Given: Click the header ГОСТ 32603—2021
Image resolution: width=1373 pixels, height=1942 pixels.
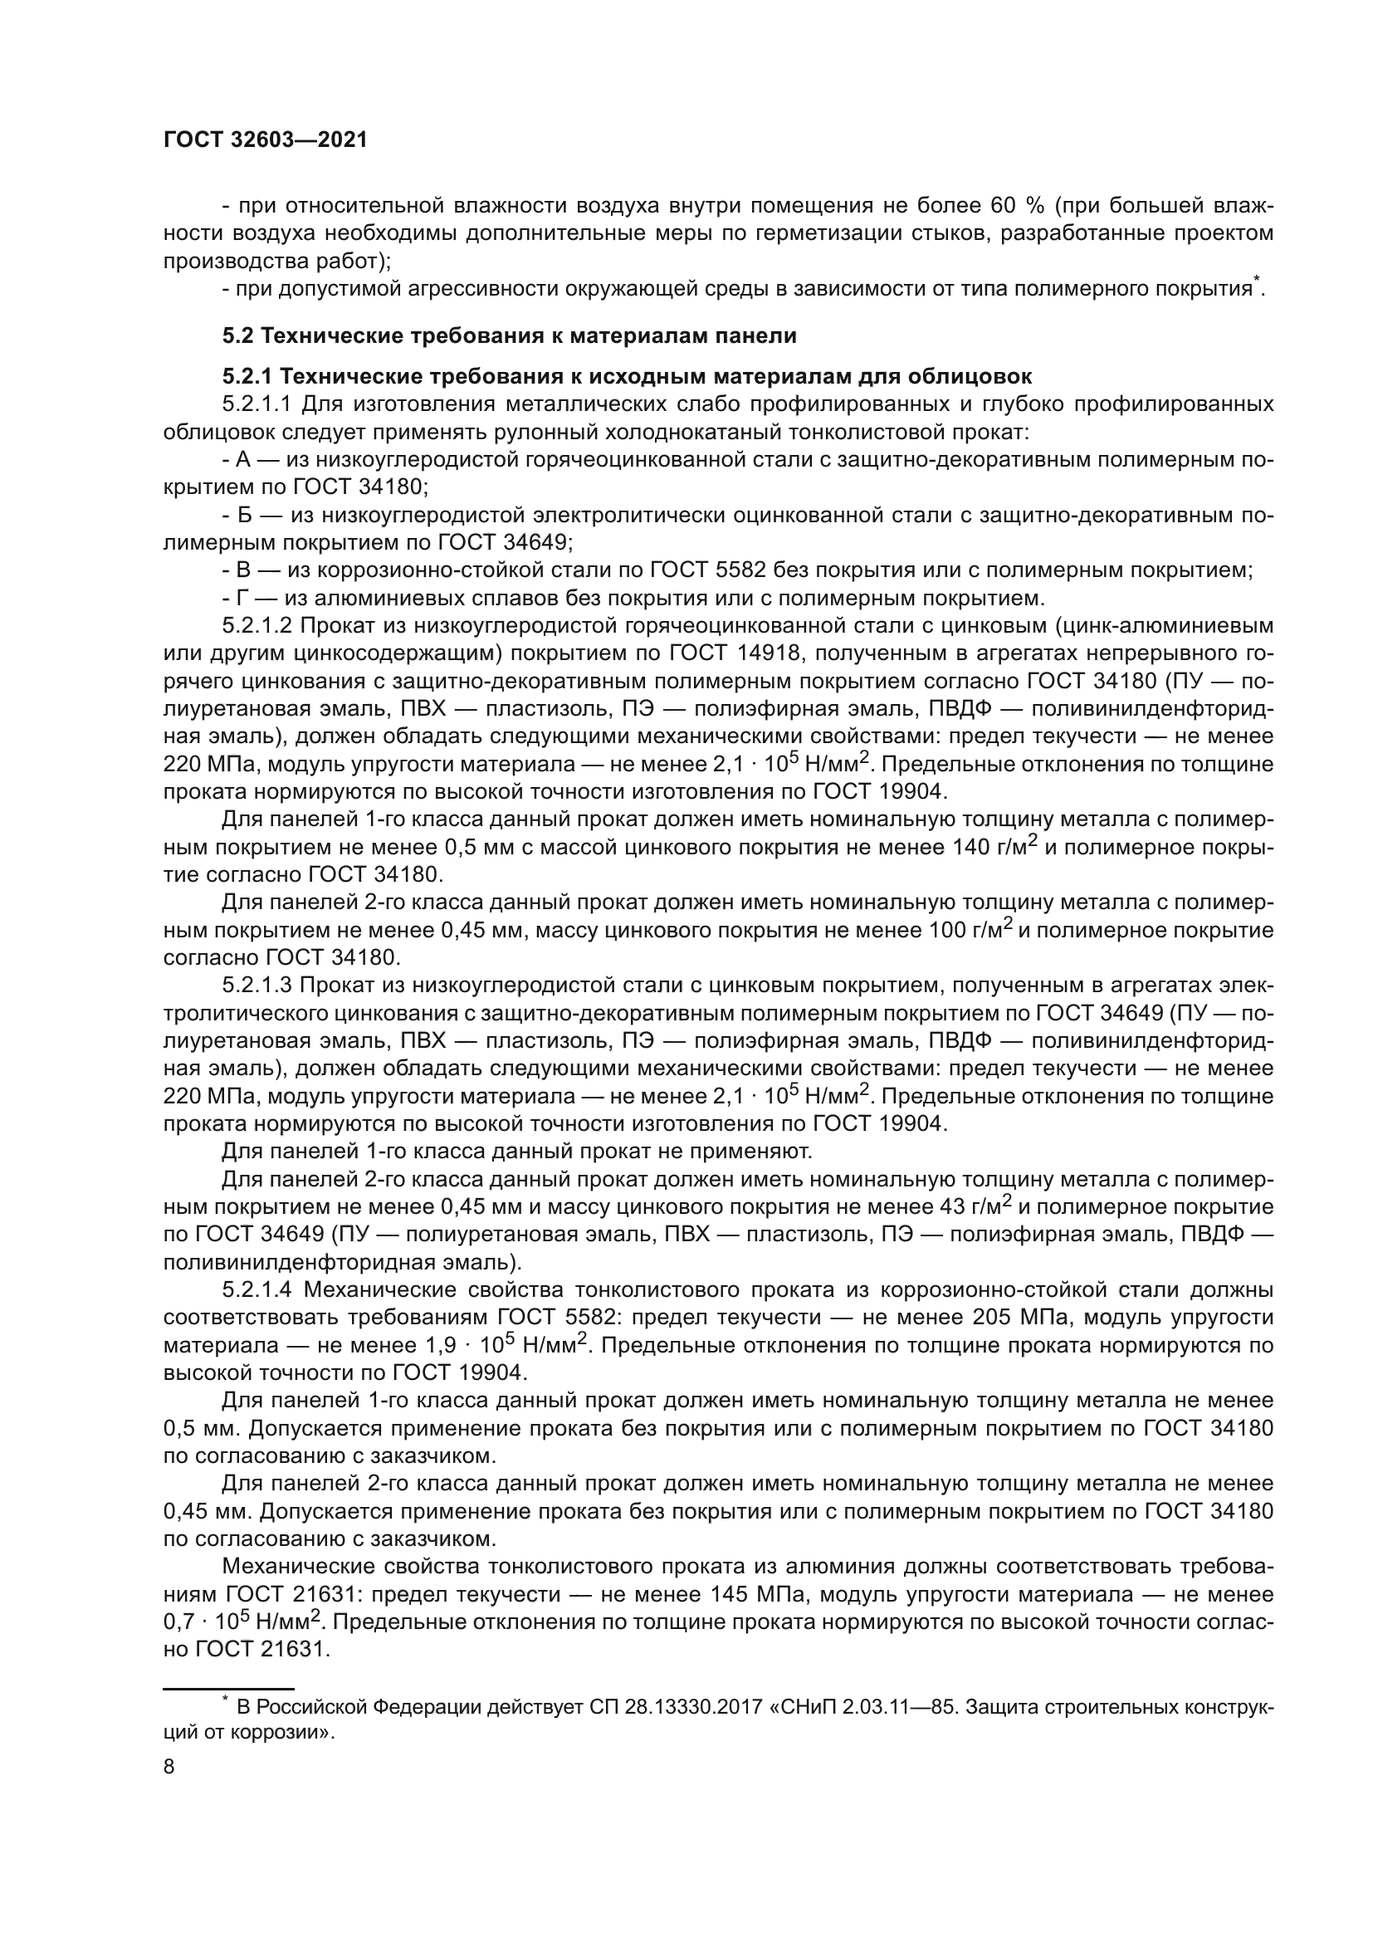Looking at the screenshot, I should coord(266,140).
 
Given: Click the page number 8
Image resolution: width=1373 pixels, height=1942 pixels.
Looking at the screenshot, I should coord(169,1767).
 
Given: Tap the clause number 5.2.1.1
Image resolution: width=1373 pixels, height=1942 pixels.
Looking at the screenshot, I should coord(257,404).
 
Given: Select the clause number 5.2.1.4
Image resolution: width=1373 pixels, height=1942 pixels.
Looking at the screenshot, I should coord(257,1289).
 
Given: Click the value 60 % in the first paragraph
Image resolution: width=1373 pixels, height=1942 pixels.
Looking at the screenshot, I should coord(1015,206).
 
